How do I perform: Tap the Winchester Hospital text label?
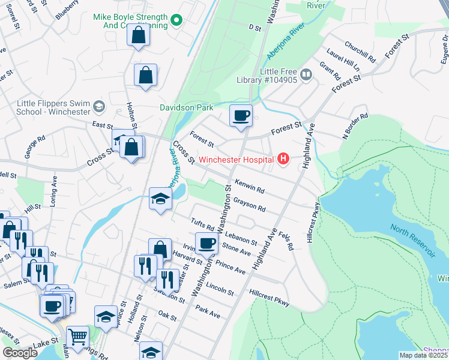point(237,160)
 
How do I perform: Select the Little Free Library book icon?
point(306,75)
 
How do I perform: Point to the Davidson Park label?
point(186,108)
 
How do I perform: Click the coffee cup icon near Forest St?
point(241,116)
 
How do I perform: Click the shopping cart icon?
point(77,337)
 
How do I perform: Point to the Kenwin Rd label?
point(250,187)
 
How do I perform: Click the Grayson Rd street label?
point(250,204)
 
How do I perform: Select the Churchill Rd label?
point(360,52)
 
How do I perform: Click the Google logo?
point(20,353)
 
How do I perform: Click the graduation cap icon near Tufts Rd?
point(161,199)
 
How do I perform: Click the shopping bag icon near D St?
point(139,35)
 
